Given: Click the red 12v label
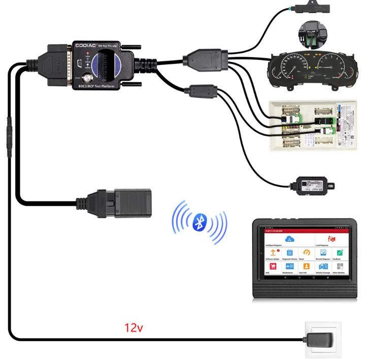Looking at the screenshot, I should tap(133, 328).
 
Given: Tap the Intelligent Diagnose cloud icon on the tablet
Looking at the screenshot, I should tap(289, 239).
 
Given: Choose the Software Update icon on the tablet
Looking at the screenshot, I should tap(273, 252).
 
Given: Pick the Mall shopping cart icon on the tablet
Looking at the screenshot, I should tap(273, 266).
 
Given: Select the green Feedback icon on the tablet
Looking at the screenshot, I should tap(339, 252).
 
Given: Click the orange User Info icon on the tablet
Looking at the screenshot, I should tap(306, 266).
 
